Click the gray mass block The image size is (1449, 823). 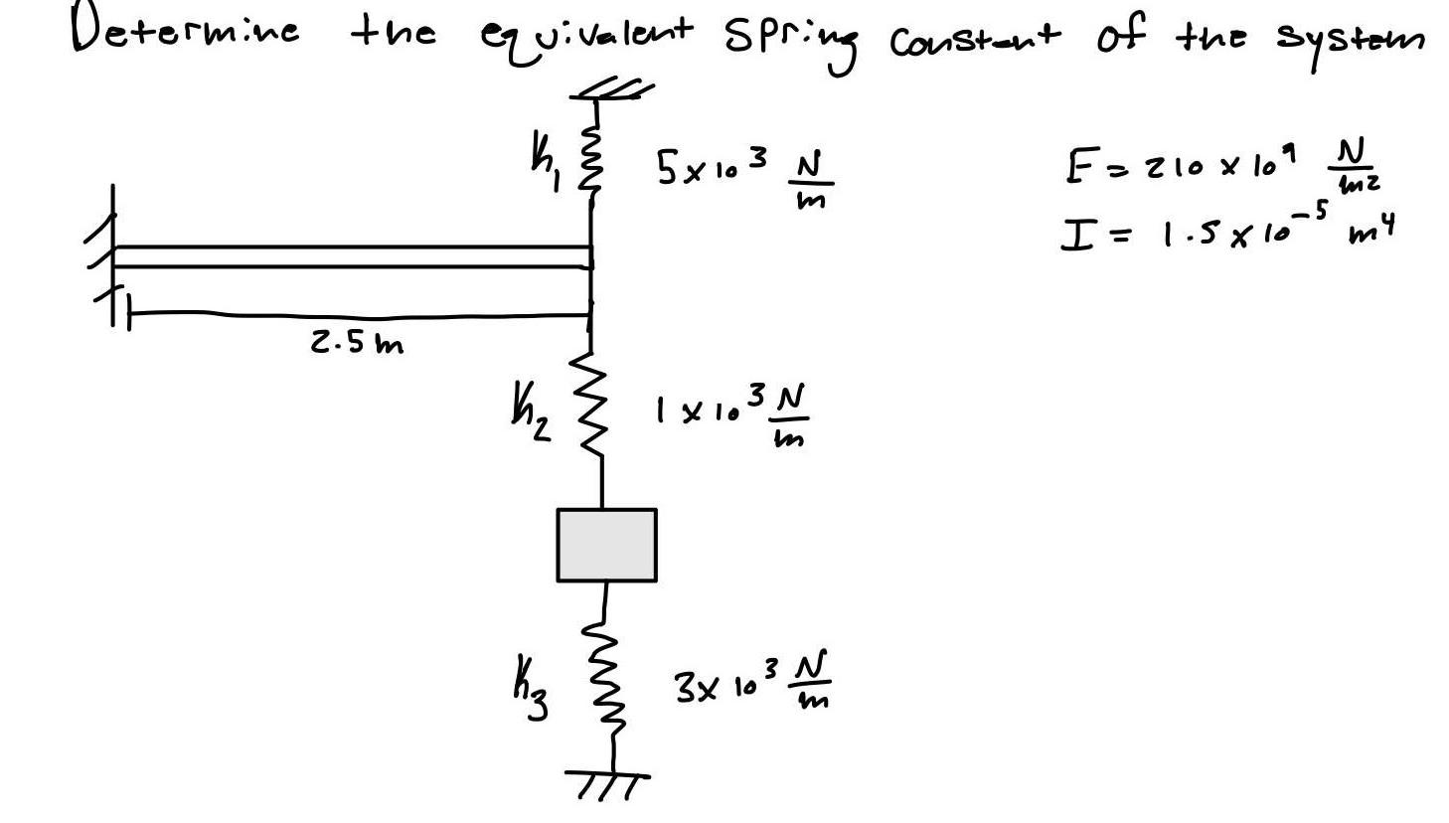pyautogui.click(x=606, y=545)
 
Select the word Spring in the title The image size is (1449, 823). pyautogui.click(x=789, y=40)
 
